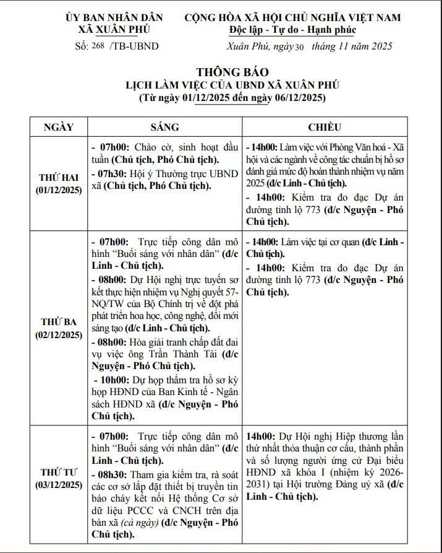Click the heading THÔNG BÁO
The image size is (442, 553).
pos(232,72)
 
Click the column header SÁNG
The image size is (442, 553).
pos(165,127)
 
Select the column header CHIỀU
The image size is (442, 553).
pos(325,127)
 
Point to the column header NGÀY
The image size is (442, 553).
pos(59,127)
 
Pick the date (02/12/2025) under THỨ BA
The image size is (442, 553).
pos(59,335)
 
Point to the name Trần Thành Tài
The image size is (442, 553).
pos(185,355)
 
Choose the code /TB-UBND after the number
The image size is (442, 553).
pos(134,46)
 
